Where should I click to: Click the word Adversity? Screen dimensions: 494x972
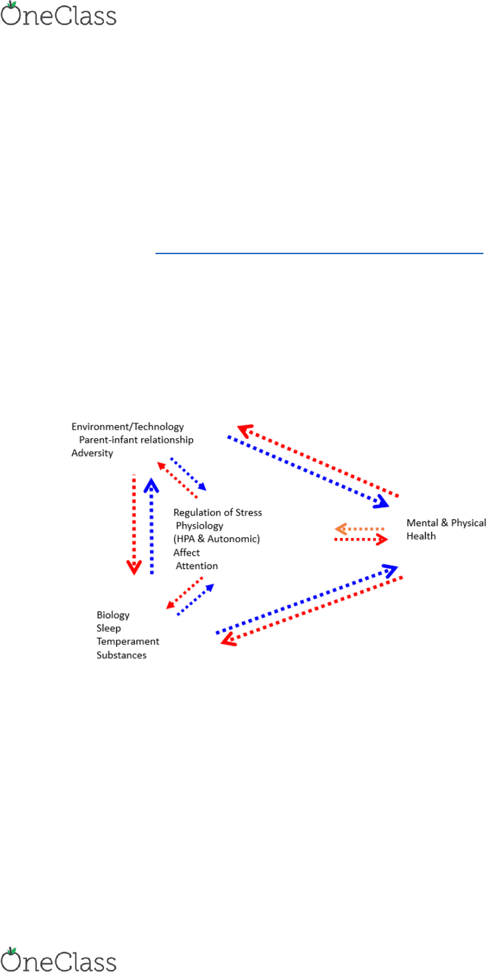click(x=92, y=453)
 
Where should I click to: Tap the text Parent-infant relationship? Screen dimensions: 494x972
click(x=136, y=440)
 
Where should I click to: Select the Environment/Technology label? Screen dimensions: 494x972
click(x=128, y=426)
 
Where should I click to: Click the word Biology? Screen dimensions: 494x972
click(x=113, y=616)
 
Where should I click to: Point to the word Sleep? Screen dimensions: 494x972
click(x=109, y=628)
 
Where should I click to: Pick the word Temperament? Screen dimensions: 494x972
click(x=128, y=641)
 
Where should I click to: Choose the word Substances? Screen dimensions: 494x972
click(x=122, y=655)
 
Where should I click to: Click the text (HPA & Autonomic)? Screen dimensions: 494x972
click(x=217, y=539)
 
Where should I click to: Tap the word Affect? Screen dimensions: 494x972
click(x=187, y=553)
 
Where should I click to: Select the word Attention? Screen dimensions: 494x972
click(x=197, y=566)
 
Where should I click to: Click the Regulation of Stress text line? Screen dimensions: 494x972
click(x=217, y=512)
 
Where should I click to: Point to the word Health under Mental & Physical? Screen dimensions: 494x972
click(x=421, y=536)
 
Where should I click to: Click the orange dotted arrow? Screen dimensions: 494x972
click(x=360, y=529)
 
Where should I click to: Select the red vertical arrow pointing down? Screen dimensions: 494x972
click(x=134, y=525)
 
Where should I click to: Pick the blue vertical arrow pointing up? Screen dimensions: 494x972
click(x=152, y=526)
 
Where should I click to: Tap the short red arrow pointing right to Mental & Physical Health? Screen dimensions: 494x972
click(x=361, y=539)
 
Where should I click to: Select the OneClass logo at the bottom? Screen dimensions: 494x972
click(x=59, y=959)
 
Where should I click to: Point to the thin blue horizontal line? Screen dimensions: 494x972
click(x=319, y=253)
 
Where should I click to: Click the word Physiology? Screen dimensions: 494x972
click(x=199, y=526)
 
